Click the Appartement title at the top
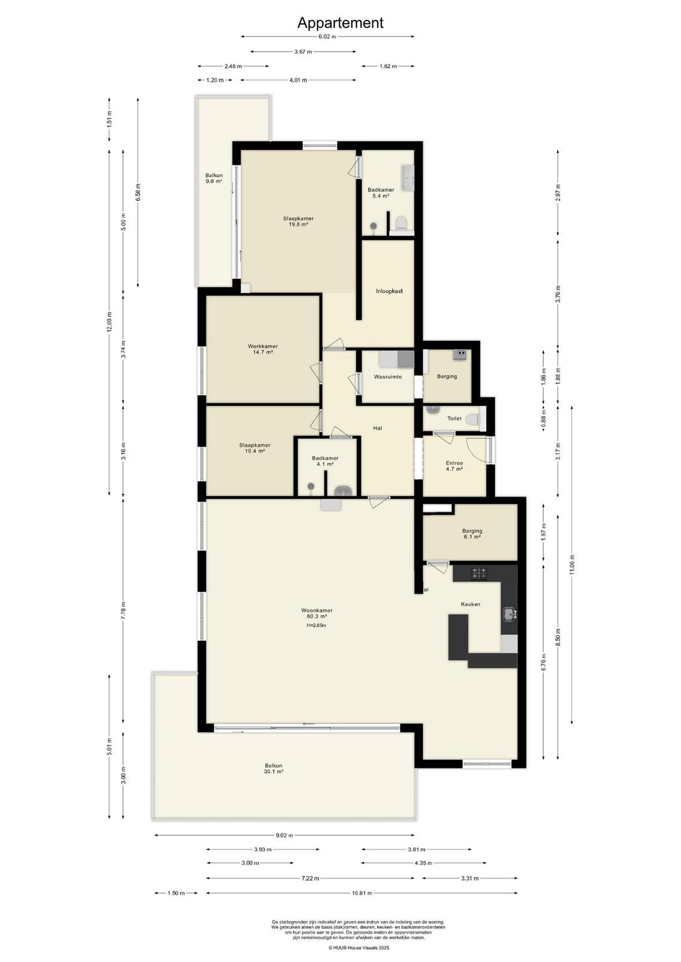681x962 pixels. (x=340, y=23)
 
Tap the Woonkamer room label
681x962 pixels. (x=316, y=610)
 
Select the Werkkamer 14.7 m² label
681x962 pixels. (x=262, y=349)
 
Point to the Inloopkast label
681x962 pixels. (x=389, y=291)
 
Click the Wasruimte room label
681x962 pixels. (x=387, y=376)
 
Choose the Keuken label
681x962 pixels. (x=470, y=604)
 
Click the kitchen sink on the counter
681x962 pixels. (x=509, y=614)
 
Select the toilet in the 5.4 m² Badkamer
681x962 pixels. (x=401, y=223)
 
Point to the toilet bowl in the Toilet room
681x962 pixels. (x=474, y=418)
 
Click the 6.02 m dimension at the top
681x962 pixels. (x=327, y=37)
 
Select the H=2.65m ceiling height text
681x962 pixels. (x=316, y=625)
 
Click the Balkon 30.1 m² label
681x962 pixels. (x=274, y=768)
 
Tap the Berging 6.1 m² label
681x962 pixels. (x=472, y=533)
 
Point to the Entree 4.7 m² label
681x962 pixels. (x=454, y=466)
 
